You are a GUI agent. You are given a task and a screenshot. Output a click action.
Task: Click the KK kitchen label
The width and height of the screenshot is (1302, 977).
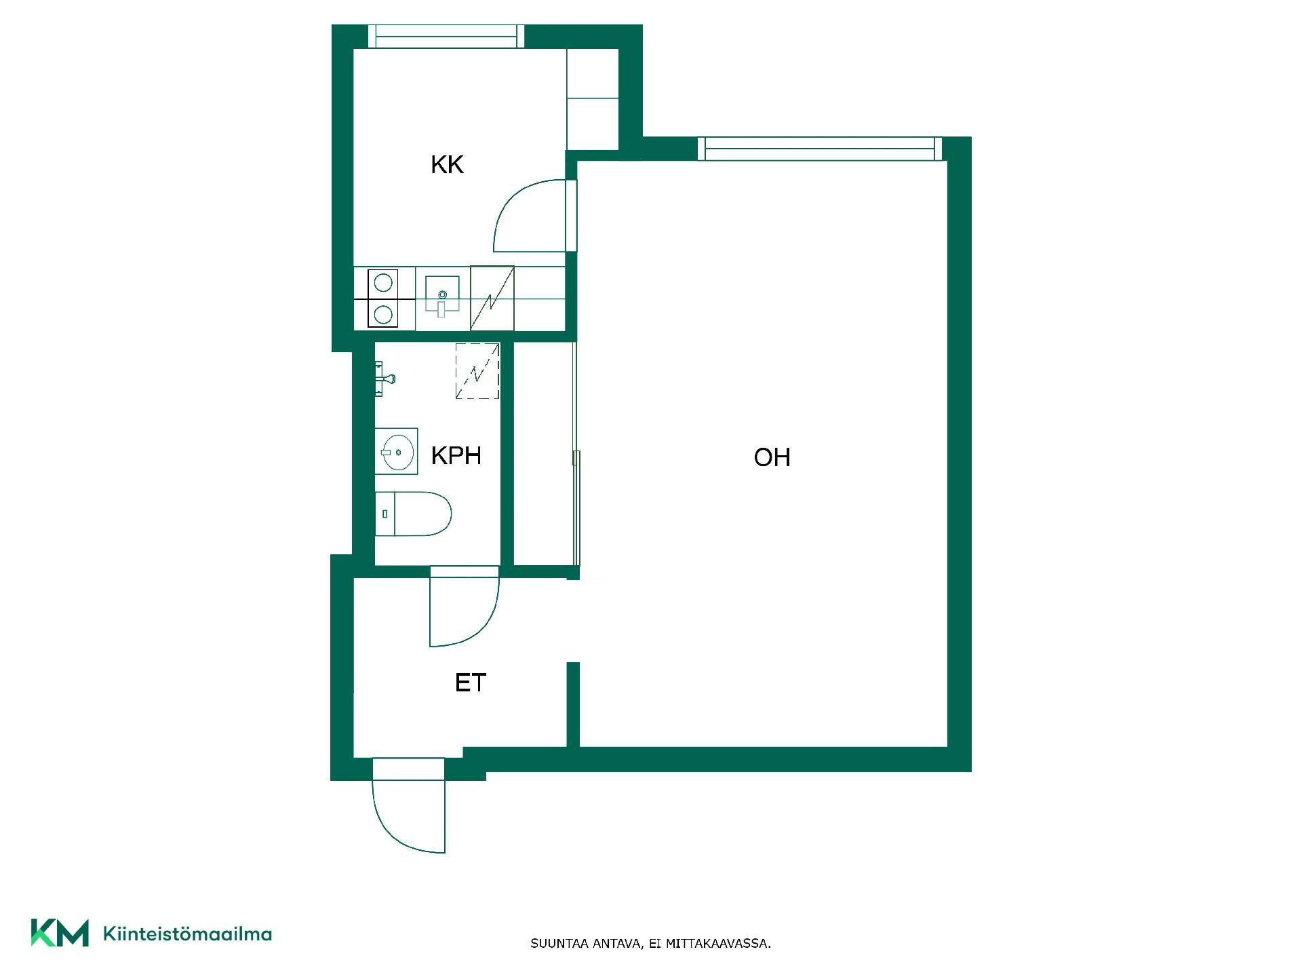[x=447, y=165]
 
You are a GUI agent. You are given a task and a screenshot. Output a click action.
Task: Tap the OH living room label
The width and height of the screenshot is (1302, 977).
[x=772, y=457]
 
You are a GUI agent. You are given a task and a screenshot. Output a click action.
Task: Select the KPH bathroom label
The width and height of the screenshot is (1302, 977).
[x=456, y=455]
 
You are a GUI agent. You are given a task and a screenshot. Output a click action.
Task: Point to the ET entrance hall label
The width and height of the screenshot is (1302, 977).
[x=471, y=683]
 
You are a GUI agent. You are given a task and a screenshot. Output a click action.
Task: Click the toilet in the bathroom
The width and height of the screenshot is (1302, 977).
[x=413, y=514]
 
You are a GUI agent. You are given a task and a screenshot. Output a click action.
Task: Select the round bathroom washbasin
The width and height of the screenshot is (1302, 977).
[x=397, y=451]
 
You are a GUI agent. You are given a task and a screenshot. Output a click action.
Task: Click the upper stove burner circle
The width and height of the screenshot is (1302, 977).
[x=383, y=282]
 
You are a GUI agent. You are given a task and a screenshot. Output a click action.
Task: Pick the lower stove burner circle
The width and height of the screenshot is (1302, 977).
[x=383, y=314]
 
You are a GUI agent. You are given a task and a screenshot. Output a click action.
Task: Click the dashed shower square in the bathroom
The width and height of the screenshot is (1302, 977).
[x=477, y=371]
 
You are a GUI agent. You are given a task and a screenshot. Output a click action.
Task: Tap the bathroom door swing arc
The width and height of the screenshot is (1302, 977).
[x=465, y=607]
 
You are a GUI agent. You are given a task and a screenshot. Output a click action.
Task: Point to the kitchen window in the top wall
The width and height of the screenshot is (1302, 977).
[x=446, y=36]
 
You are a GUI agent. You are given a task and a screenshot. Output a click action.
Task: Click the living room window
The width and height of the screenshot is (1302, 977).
[x=820, y=149]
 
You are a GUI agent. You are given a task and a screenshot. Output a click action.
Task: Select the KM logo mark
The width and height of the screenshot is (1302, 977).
[x=60, y=933]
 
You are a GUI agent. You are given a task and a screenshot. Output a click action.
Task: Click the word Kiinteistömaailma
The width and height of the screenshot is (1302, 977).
[x=187, y=934]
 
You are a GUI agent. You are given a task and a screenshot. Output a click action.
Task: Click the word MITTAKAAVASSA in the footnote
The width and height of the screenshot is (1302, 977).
[x=718, y=944]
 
